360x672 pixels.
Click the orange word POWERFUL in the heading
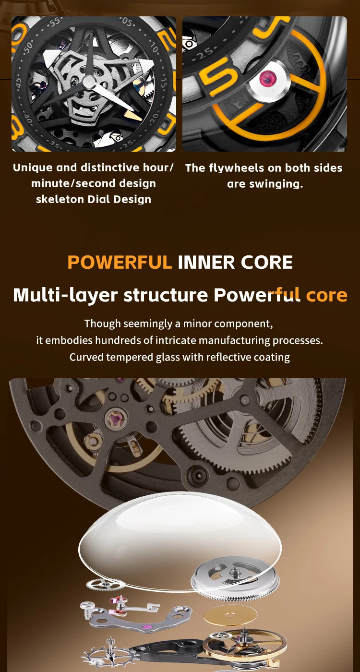[x=120, y=262]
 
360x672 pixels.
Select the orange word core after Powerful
[x=327, y=295]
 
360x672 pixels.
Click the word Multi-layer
[x=65, y=296]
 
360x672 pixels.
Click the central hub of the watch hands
[x=89, y=82]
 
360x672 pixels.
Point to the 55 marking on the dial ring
[x=55, y=23]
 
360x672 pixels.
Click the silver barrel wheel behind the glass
[x=235, y=579]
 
